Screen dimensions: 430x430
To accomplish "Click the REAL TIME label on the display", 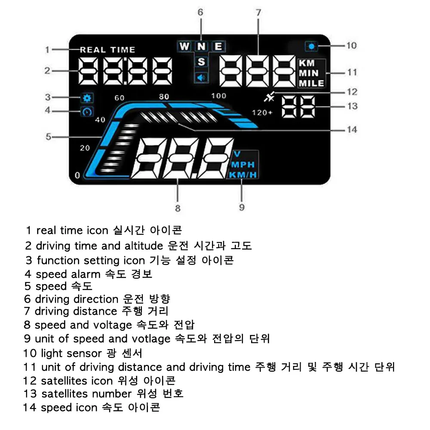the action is [x=107, y=49].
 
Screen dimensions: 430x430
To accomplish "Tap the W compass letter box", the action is [x=184, y=46].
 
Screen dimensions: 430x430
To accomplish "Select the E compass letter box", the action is [x=218, y=46].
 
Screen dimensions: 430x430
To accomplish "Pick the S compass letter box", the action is [x=201, y=61].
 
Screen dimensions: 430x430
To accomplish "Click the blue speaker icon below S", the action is [x=201, y=77].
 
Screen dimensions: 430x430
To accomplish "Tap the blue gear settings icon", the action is [x=86, y=98].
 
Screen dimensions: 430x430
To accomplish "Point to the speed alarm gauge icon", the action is [x=87, y=112].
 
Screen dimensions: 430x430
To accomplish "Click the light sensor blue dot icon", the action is [x=311, y=46].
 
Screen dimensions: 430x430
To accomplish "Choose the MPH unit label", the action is [x=243, y=165].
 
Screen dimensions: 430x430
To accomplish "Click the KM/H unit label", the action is [x=243, y=175].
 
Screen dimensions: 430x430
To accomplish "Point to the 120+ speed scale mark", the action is [x=262, y=113].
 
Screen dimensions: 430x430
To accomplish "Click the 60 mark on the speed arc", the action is [x=120, y=98].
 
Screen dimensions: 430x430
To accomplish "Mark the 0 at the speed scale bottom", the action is [x=77, y=175].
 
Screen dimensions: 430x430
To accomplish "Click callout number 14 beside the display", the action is [x=352, y=129].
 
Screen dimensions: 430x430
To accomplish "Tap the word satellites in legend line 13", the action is [x=65, y=394].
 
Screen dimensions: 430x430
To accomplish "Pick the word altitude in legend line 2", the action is [x=142, y=246].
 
